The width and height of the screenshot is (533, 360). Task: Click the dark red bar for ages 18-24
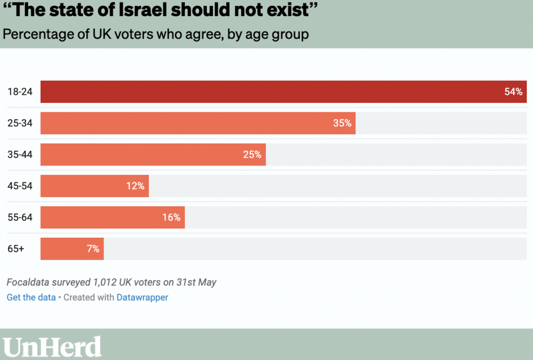pos(260,92)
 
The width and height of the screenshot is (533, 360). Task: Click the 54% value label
pos(513,92)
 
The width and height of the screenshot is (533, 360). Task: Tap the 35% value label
pos(342,123)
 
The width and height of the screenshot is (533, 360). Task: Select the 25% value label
pos(252,155)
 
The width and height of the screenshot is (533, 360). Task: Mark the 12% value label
pos(135,186)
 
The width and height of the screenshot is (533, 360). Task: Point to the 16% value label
pos(171,217)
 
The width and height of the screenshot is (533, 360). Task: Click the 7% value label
pos(93,249)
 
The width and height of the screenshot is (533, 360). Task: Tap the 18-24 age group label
pos(20,92)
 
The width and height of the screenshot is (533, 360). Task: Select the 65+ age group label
pos(16,249)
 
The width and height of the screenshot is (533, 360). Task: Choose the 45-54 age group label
pos(20,186)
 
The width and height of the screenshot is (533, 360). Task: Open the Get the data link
pos(31,298)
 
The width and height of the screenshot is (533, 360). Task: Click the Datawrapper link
pos(142,298)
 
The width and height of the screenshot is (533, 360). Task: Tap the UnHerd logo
pos(52,346)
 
